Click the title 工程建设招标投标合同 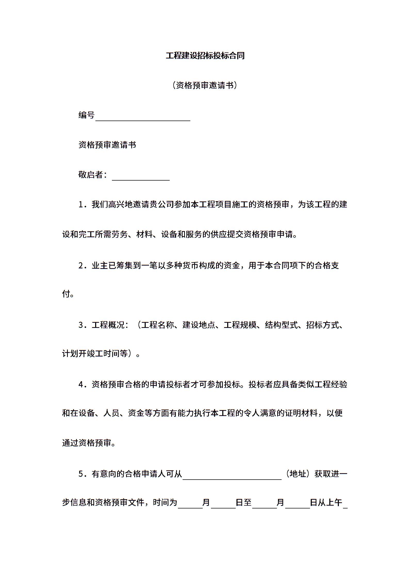[x=205, y=56]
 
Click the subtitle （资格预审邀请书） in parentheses [x=204, y=85]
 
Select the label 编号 [x=86, y=115]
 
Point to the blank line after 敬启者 [x=141, y=177]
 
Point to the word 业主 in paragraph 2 [x=100, y=266]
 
